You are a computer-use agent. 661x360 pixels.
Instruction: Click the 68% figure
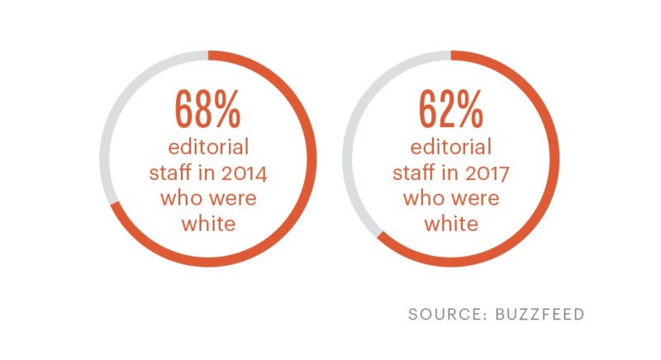coord(207,107)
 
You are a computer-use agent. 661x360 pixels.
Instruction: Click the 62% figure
coord(450,107)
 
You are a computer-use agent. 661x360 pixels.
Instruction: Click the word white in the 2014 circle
coord(207,224)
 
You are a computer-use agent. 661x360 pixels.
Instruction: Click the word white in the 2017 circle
coord(450,224)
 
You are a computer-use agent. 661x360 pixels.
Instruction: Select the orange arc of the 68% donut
coord(311,165)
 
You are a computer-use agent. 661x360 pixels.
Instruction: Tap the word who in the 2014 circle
coord(179,199)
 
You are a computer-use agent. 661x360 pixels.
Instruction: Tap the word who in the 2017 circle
coord(422,199)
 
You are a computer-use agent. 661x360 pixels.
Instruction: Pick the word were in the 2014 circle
coord(229,199)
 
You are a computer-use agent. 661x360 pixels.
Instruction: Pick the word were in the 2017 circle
coord(472,199)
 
